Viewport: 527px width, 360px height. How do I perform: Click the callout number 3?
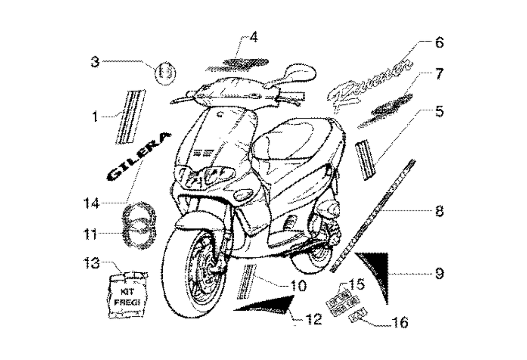95,61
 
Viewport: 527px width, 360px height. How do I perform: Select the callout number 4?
253,37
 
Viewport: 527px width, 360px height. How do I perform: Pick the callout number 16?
400,324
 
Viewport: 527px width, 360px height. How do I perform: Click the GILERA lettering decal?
137,157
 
